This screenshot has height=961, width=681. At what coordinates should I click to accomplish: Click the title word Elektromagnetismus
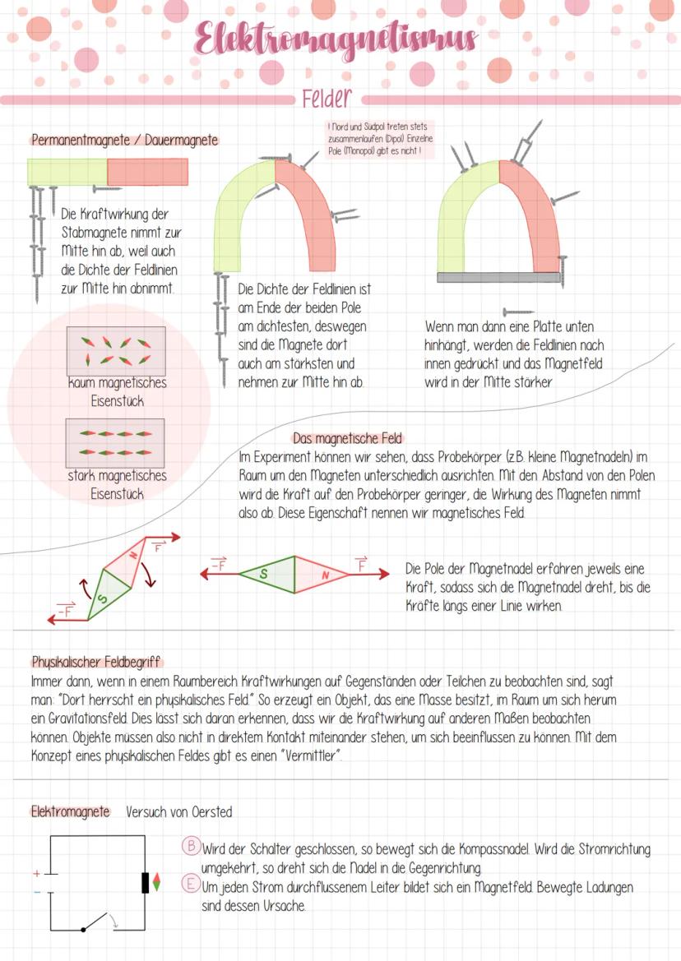point(336,38)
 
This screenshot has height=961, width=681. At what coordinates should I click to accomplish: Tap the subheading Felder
point(327,99)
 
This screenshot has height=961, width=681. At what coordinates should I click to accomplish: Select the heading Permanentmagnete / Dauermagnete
point(124,140)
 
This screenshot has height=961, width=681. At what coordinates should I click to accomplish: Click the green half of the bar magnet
point(67,172)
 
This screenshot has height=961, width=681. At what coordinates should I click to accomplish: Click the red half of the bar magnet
point(147,172)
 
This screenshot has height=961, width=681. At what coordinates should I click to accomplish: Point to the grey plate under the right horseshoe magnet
point(500,277)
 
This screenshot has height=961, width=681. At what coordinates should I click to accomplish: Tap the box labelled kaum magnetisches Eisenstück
point(115,351)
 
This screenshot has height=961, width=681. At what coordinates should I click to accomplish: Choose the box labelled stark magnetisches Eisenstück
point(115,443)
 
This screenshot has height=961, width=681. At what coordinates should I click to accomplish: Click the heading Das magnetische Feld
point(347,438)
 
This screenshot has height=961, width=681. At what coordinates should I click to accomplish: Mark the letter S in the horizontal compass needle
point(263,574)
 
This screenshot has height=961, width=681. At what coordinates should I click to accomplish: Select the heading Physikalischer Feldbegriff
point(96,662)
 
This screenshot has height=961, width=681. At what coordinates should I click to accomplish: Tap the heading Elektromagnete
point(70,811)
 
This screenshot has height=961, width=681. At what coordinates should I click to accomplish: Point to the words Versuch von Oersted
point(178,812)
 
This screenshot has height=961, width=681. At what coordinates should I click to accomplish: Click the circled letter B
point(190,847)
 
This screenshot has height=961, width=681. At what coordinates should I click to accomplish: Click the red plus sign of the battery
point(36,873)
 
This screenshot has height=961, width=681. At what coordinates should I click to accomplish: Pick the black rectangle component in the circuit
point(146,881)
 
